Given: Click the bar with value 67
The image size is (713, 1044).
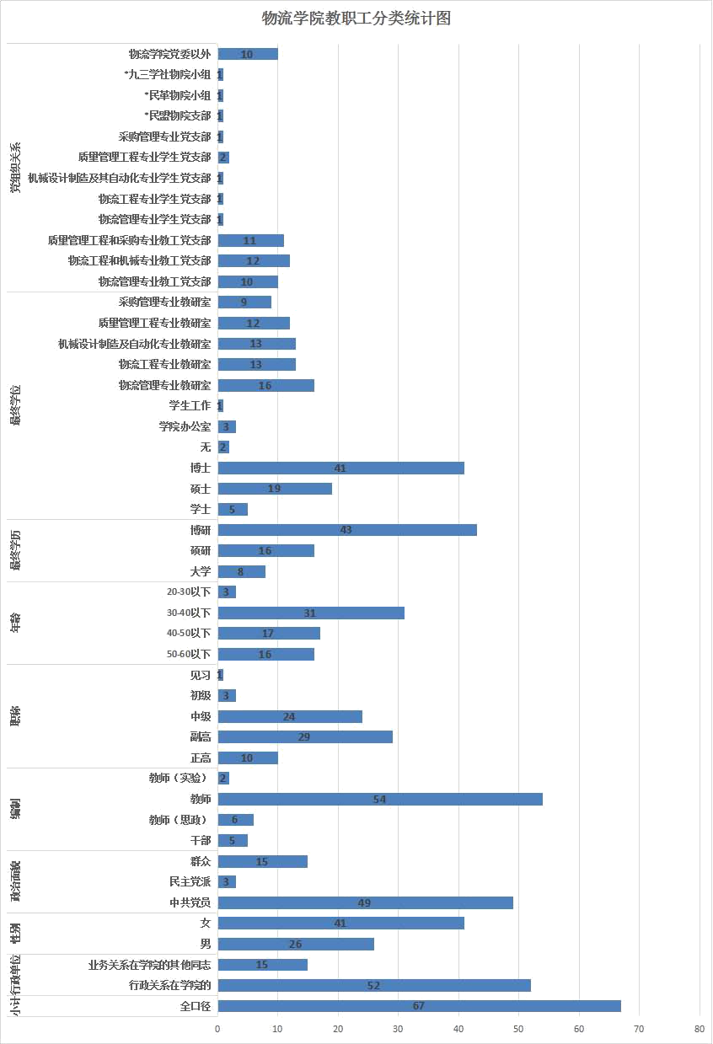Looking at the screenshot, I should pyautogui.click(x=419, y=1006).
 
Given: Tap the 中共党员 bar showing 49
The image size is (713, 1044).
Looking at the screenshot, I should pyautogui.click(x=365, y=902).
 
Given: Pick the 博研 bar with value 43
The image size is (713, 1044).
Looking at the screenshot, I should pyautogui.click(x=347, y=530).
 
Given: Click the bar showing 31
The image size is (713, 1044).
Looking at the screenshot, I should pyautogui.click(x=311, y=613).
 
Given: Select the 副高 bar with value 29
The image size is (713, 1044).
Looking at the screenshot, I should pyautogui.click(x=305, y=736).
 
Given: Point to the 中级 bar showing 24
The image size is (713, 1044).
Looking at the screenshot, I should pyautogui.click(x=290, y=716).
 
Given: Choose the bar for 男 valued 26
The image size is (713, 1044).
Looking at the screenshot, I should pyautogui.click(x=296, y=944).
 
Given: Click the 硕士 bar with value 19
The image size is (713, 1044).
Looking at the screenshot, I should pyautogui.click(x=275, y=489).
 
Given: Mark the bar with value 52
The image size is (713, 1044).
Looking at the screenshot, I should pyautogui.click(x=374, y=985).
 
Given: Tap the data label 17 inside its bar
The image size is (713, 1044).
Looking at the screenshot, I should pyautogui.click(x=267, y=633).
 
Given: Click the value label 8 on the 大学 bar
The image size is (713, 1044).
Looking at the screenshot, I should pyautogui.click(x=240, y=571).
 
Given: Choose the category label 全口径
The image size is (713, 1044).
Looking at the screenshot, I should pyautogui.click(x=196, y=1006).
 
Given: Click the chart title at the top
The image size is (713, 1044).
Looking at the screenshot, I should pyautogui.click(x=356, y=19).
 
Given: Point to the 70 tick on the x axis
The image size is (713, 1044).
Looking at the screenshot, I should pyautogui.click(x=640, y=1030).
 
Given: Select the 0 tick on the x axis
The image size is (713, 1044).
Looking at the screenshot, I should pyautogui.click(x=217, y=1030).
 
